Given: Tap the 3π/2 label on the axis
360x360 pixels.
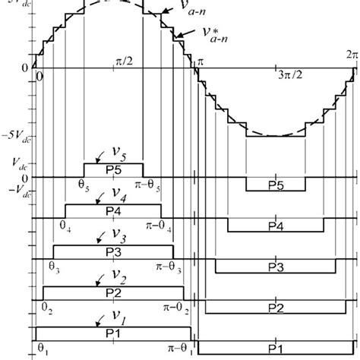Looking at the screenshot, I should [287, 79].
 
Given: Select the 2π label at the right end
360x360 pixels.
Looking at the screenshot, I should [351, 55].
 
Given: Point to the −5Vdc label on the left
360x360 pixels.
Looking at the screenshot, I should [18, 136].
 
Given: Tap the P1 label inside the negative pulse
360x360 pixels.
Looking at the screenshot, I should [276, 349].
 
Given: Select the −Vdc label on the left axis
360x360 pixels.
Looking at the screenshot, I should [21, 191].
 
